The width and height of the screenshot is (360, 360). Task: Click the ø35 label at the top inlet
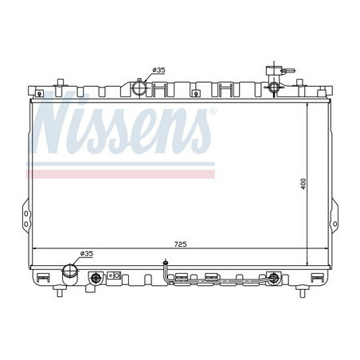point(158,71)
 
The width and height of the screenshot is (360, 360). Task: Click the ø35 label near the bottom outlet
point(86,253)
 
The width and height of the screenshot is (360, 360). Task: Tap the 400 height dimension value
point(314,182)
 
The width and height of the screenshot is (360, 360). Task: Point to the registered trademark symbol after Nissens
point(210,112)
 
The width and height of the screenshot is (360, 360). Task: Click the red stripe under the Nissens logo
point(119,172)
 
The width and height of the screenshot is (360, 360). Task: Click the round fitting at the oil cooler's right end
point(275,279)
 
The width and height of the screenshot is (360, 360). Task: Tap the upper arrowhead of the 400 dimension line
point(306,104)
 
